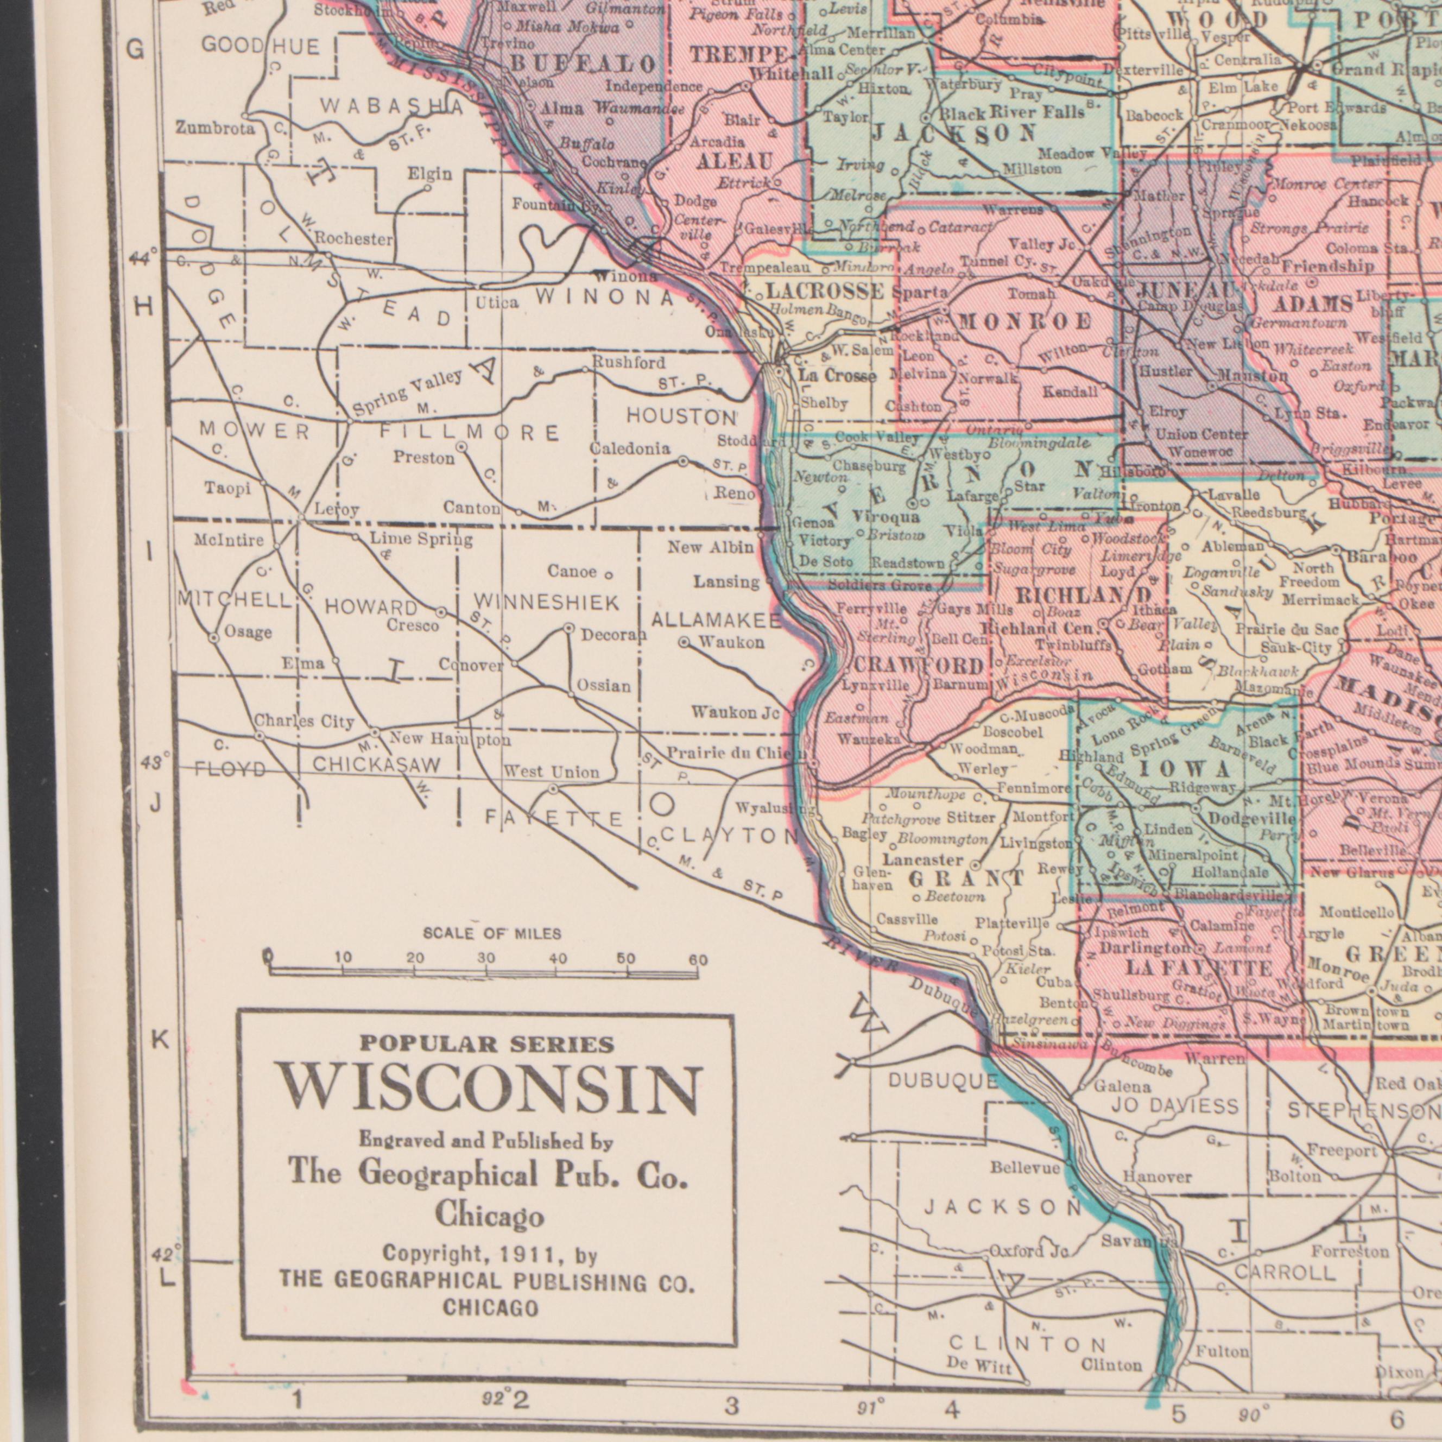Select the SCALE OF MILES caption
492,934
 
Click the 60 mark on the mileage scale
697,960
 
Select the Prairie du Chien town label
735,753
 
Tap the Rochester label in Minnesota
353,239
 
